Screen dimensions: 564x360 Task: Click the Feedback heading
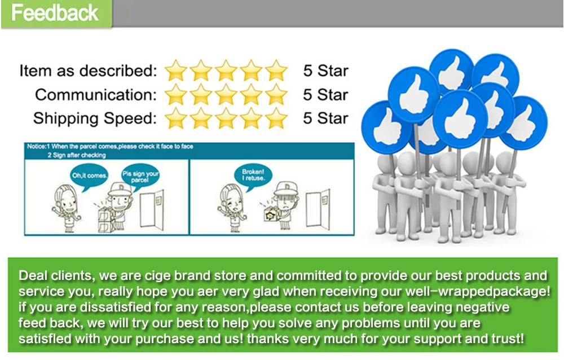(x=55, y=13)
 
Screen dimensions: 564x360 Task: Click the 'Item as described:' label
(x=88, y=71)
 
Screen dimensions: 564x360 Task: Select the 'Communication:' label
(x=96, y=95)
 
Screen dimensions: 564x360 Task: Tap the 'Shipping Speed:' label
(x=95, y=118)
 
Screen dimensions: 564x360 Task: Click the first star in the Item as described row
(x=176, y=71)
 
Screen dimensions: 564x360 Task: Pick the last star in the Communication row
(x=276, y=95)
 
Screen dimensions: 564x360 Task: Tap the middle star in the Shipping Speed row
(x=226, y=118)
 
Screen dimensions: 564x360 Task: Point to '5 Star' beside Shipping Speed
(x=325, y=118)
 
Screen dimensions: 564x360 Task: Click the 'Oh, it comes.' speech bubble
(x=89, y=177)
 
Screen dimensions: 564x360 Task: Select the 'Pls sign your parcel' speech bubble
(x=140, y=176)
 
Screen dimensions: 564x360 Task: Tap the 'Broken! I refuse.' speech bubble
(x=253, y=175)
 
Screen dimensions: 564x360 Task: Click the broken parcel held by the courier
(x=271, y=215)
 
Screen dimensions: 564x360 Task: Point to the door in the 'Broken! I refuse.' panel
(x=318, y=209)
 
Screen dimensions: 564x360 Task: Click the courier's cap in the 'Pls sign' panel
(x=120, y=188)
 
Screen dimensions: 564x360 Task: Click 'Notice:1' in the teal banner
(x=38, y=147)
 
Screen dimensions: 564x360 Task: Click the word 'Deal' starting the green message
(x=33, y=276)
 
